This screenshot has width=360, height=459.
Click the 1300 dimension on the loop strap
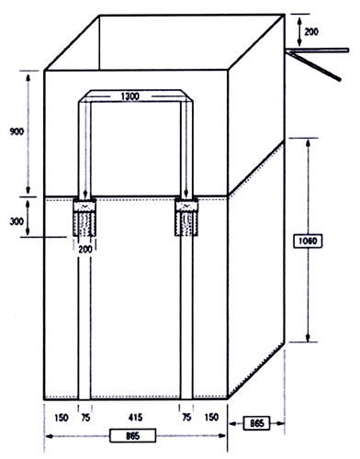tap(130, 96)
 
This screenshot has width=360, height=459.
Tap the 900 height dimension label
tap(17, 132)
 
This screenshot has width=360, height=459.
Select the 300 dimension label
tap(17, 221)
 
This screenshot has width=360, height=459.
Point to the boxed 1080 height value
tap(308, 241)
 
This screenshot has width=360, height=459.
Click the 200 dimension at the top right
tap(311, 31)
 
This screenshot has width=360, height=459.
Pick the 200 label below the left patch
tap(85, 250)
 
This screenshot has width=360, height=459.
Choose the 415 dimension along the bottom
tap(135, 418)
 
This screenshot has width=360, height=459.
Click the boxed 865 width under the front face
tap(132, 435)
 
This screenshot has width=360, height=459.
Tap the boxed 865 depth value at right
tap(256, 423)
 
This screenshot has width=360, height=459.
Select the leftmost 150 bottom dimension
tap(62, 418)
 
